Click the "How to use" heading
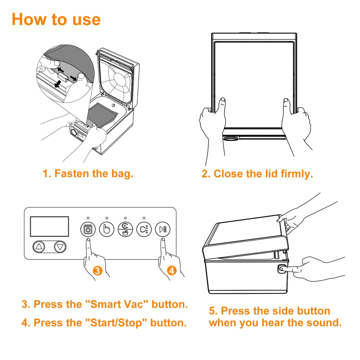point(56,20)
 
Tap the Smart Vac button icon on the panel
point(88,229)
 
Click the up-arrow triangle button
point(39,247)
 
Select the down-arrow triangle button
point(60,247)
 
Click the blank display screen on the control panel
point(50,227)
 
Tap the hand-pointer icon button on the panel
point(107,229)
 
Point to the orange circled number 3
point(97,270)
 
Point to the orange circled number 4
point(172,270)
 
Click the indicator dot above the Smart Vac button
point(88,218)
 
